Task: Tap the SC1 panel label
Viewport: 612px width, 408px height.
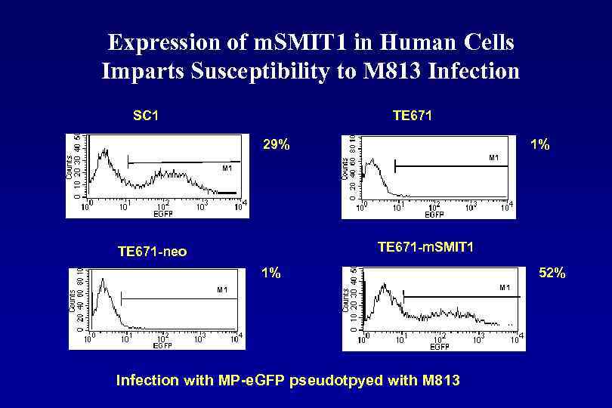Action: [145, 116]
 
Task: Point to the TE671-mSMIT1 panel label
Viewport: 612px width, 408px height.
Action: [425, 247]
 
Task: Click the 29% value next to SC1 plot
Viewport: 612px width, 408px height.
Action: [276, 144]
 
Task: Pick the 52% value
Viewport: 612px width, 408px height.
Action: [552, 273]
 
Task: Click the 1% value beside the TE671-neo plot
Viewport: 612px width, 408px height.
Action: [270, 273]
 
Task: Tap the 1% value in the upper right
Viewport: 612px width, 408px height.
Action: [539, 144]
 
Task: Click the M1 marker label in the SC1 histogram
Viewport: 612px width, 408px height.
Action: [226, 168]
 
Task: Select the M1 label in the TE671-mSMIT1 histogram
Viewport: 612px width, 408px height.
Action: [504, 288]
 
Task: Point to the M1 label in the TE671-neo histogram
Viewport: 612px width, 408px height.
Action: [222, 289]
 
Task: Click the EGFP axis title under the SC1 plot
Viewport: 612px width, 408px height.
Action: [163, 214]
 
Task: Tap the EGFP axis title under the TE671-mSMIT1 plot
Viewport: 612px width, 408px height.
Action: [440, 347]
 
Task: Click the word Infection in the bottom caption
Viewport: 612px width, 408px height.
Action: [147, 380]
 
